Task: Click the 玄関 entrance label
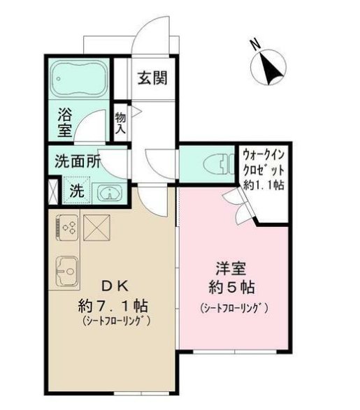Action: point(152,78)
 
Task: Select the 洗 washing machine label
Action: point(76,191)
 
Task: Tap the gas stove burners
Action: point(68,226)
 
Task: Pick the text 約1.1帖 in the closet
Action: point(264,186)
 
